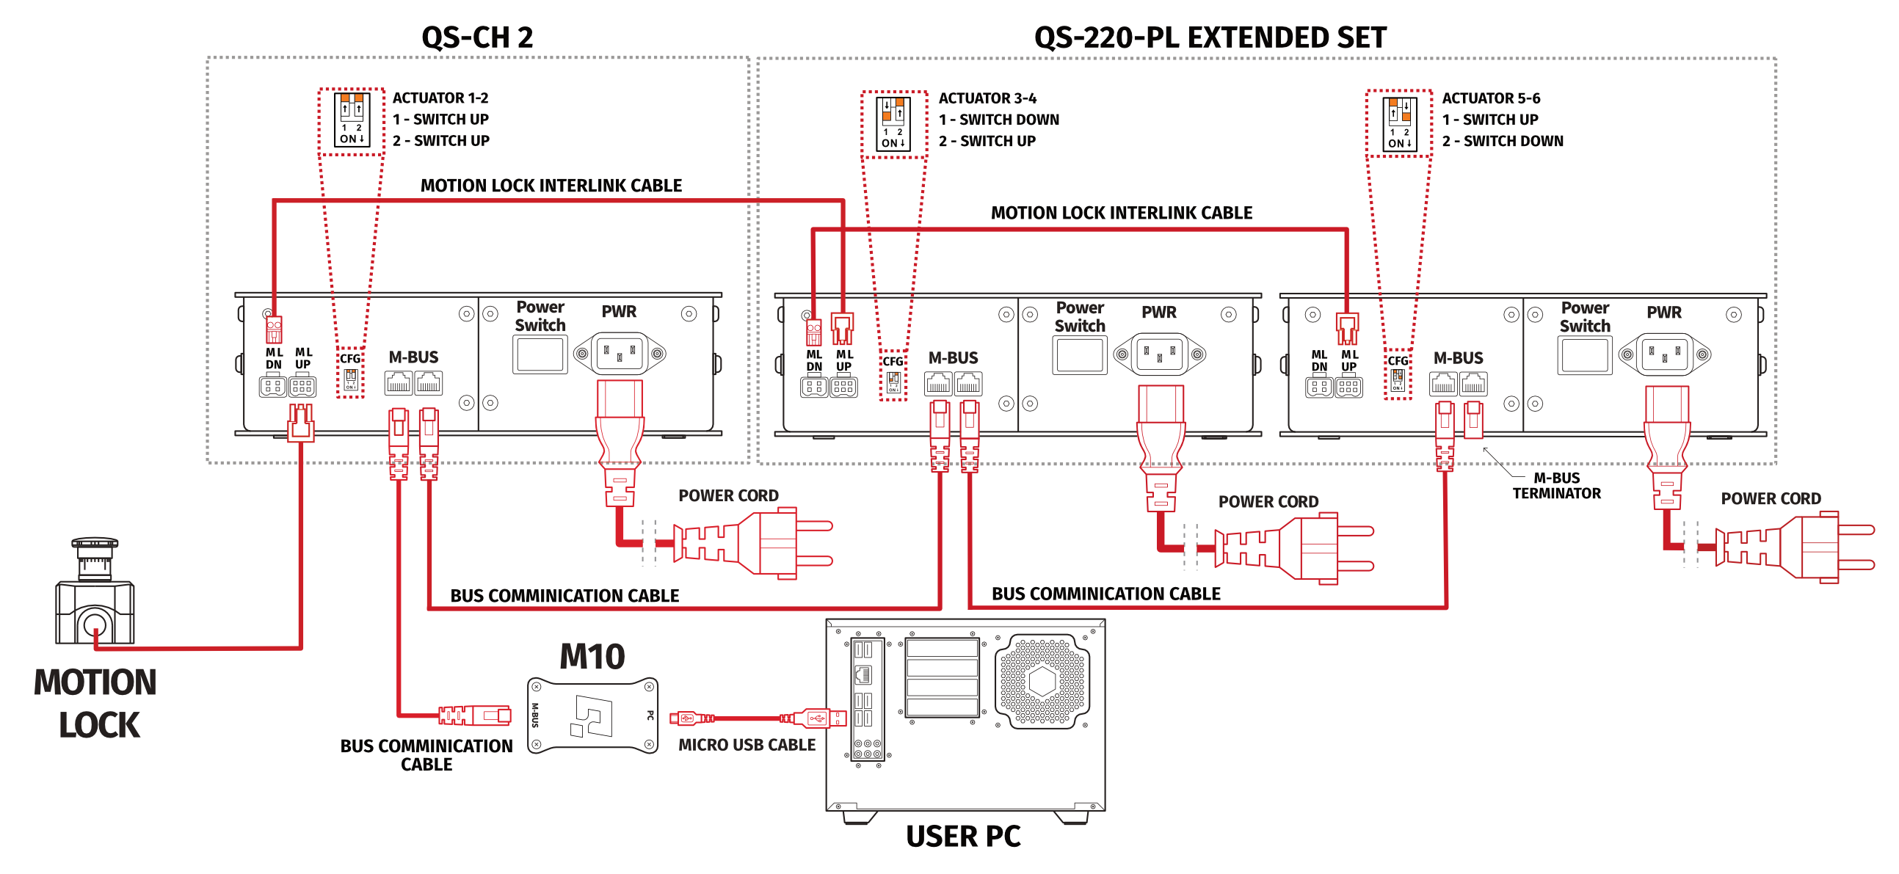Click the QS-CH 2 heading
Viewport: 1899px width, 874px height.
[x=477, y=37]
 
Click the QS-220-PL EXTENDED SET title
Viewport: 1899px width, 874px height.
[x=1210, y=37]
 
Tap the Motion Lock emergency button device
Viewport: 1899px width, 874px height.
[x=95, y=594]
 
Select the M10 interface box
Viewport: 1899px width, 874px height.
[x=592, y=715]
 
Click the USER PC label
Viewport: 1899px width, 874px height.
[x=963, y=837]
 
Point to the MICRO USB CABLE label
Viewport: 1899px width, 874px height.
[x=747, y=745]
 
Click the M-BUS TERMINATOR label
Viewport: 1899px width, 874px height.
[x=1556, y=486]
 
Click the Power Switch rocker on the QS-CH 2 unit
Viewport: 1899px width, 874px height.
[x=540, y=354]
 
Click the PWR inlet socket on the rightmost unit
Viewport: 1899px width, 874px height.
[x=1665, y=355]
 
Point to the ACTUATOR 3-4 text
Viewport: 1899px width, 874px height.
[x=987, y=98]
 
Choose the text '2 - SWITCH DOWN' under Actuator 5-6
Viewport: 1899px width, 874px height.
[x=1503, y=141]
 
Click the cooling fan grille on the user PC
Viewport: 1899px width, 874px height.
[x=1042, y=681]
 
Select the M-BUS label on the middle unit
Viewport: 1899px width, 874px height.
[x=954, y=358]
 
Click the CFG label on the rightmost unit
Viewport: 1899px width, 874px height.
[x=1398, y=361]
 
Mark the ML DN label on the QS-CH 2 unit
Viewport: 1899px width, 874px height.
[x=274, y=358]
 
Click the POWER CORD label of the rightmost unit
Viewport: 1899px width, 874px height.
[x=1771, y=499]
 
